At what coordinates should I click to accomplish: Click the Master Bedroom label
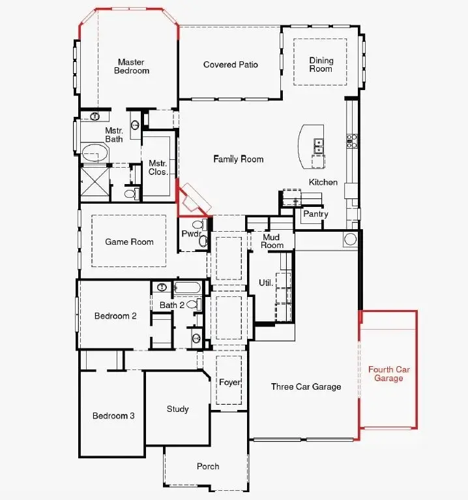click(132, 66)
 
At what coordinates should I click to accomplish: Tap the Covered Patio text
click(230, 65)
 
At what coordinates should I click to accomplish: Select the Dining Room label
click(321, 65)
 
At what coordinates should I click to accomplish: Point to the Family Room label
click(239, 159)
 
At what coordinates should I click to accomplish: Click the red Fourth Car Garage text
click(389, 374)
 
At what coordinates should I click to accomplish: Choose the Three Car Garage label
click(306, 387)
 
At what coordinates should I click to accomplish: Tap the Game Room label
click(129, 242)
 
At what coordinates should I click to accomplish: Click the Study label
click(177, 409)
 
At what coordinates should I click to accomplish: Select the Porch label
click(208, 466)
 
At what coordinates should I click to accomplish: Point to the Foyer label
click(229, 383)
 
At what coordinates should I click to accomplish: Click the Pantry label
click(315, 214)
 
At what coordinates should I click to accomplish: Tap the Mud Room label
click(272, 242)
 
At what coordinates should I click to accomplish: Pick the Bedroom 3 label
click(113, 416)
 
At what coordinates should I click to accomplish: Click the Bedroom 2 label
click(115, 316)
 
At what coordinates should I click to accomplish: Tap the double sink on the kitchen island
click(319, 143)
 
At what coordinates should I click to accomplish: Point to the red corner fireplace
click(193, 200)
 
